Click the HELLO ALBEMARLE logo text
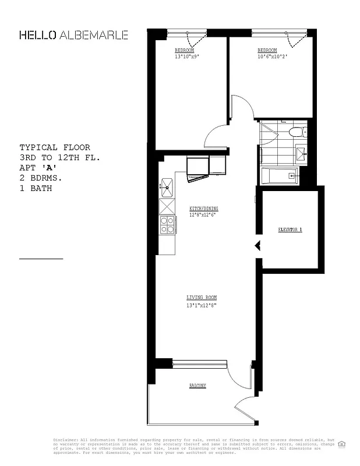(73, 35)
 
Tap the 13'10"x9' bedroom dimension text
(188, 57)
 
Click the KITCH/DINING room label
(203, 209)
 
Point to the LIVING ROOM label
(201, 298)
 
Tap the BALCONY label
(197, 386)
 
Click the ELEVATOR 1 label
(290, 230)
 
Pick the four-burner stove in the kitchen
(167, 224)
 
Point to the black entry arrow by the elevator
(257, 246)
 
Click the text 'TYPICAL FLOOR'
(55, 147)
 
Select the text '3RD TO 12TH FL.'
(60, 157)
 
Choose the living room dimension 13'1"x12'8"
(201, 305)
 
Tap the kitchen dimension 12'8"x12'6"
(203, 215)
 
